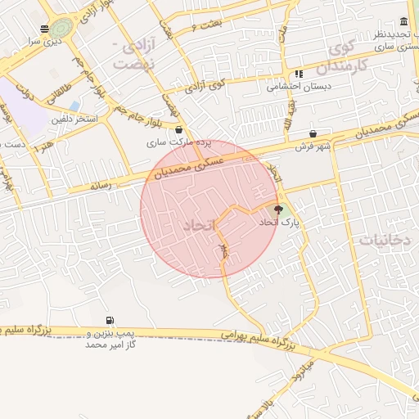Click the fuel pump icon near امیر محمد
[x=109, y=321]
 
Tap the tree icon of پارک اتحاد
[x=277, y=209]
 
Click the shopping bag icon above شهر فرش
[x=313, y=133]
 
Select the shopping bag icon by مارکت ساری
[x=179, y=129]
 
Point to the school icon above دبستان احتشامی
[x=299, y=73]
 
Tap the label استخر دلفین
[x=74, y=120]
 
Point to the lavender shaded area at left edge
[x=18, y=106]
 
